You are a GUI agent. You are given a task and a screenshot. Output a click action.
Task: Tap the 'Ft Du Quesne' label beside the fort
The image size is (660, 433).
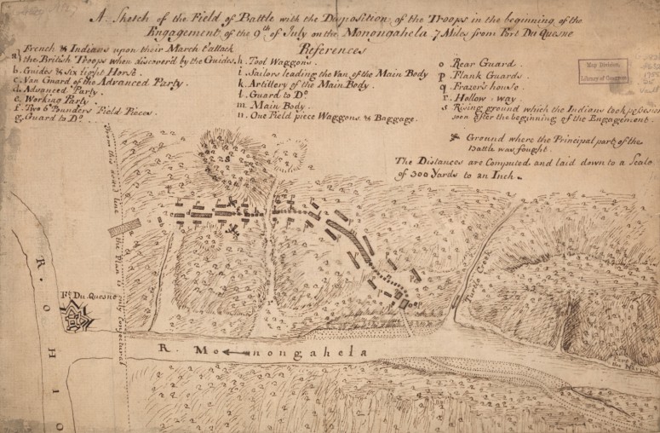[76, 297]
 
